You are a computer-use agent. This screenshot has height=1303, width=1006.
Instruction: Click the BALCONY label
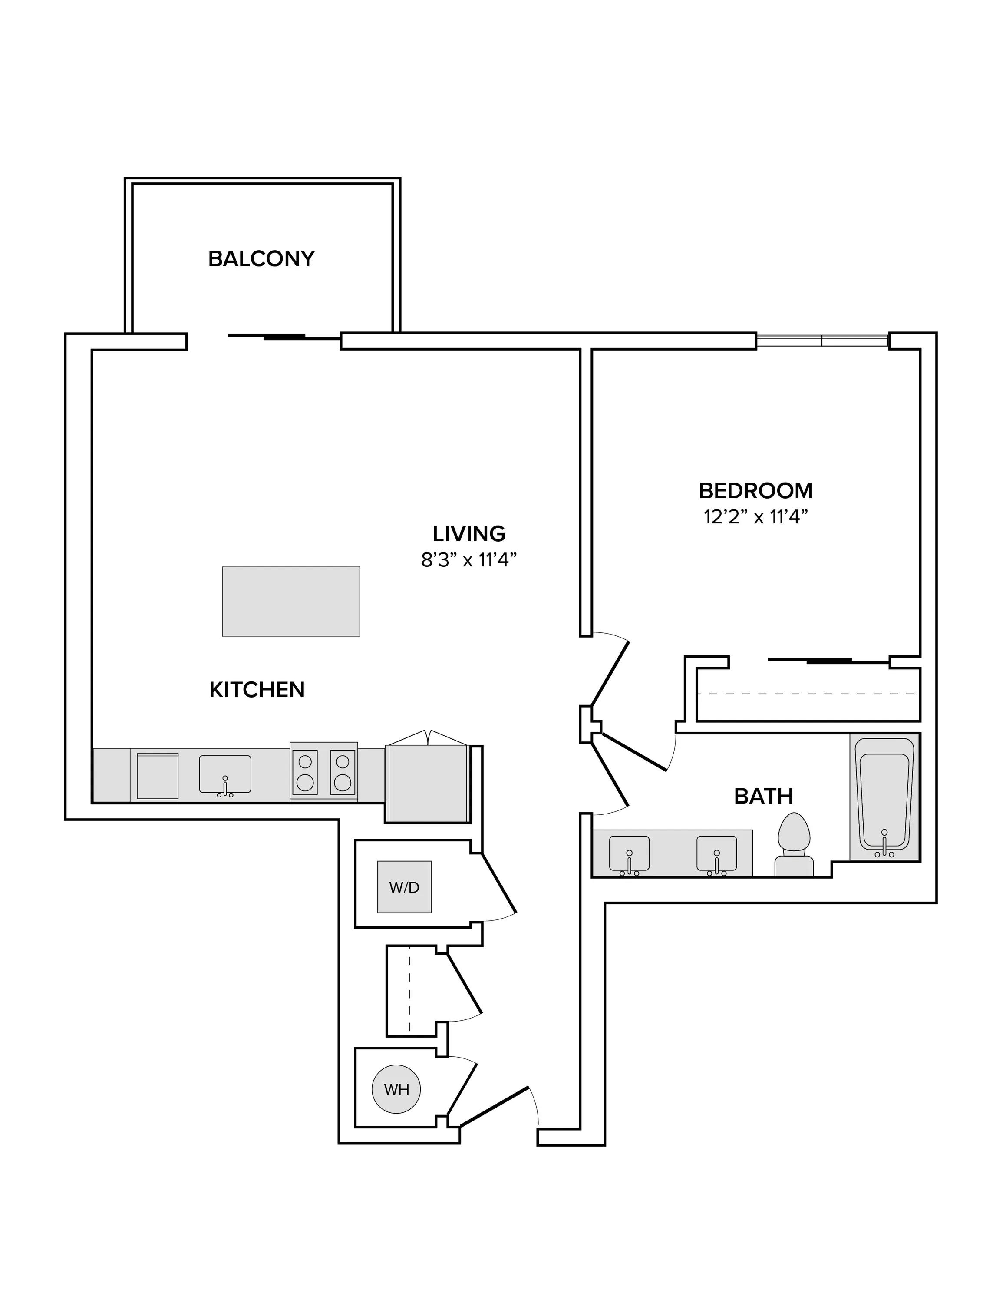click(261, 258)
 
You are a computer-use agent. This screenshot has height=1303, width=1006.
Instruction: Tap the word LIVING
click(469, 533)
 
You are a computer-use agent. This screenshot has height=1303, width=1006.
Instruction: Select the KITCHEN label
click(257, 690)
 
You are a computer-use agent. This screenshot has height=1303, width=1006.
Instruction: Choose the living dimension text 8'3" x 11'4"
click(469, 559)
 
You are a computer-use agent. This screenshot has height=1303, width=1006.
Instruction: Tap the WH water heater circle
click(396, 1089)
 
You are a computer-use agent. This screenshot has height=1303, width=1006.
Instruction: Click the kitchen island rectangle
click(291, 602)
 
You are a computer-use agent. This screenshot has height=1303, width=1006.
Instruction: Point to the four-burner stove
click(324, 771)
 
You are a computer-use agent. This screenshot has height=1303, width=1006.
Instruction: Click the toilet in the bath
click(794, 843)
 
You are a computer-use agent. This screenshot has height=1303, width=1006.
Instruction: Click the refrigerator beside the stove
click(428, 781)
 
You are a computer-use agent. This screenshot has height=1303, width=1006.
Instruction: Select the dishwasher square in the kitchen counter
click(158, 776)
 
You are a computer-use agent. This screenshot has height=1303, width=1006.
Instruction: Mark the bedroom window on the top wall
click(822, 341)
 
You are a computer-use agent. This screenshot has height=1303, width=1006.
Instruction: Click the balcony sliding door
click(284, 337)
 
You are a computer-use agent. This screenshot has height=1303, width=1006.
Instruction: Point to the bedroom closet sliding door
click(829, 660)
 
